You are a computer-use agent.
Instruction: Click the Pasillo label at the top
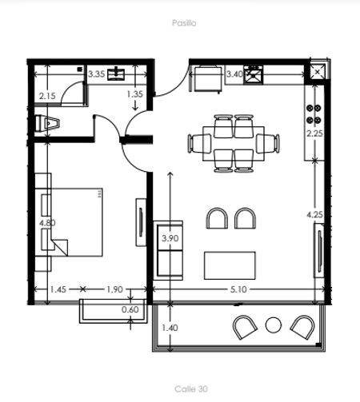coord(184,23)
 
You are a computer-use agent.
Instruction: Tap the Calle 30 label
coord(191,389)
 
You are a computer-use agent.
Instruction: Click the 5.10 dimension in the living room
coord(238,289)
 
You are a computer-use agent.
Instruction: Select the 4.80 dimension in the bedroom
coord(47,223)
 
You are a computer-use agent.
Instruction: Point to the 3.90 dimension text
coord(170,238)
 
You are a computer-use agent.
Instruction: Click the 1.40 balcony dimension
coord(170,328)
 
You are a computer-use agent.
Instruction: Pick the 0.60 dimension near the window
coord(130,309)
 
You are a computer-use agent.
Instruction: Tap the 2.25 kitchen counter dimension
coord(314,133)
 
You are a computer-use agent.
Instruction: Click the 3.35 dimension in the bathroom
coord(96,74)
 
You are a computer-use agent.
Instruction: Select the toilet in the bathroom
coord(47,123)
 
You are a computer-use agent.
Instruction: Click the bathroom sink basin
coord(116,74)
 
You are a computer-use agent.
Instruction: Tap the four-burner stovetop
coord(314,114)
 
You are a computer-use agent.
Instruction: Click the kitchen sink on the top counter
coord(254,75)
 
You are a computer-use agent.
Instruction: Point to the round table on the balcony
coord(274,325)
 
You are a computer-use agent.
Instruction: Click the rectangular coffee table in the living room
coord(230,265)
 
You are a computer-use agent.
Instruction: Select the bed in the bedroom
coord(69,222)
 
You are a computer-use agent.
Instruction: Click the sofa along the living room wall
coord(168,250)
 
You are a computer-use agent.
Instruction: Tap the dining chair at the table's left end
coord(199,143)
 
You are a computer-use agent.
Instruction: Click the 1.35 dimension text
coord(135,94)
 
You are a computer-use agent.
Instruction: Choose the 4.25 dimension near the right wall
coord(314,215)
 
